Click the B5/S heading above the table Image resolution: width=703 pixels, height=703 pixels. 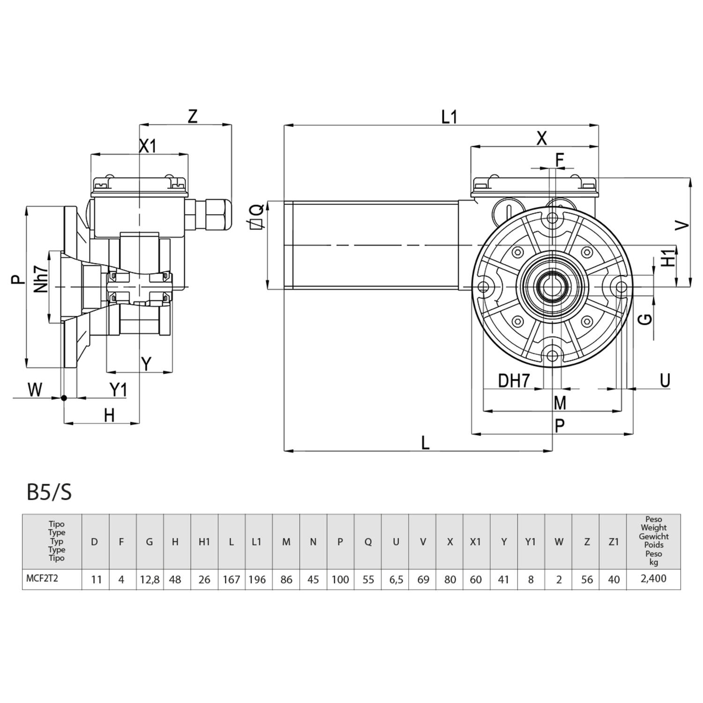pos(49,493)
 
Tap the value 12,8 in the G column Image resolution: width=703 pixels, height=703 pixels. pos(150,580)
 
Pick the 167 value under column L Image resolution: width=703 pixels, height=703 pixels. pos(231,580)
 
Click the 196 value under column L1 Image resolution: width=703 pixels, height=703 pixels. pos(257,580)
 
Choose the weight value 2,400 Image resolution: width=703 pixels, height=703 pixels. pos(653,579)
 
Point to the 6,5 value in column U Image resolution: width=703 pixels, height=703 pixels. pos(396,580)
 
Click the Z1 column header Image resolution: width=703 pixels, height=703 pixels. pos(613,542)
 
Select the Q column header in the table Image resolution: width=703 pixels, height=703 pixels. pos(368,542)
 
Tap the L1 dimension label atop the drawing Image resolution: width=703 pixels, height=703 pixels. pos(449,117)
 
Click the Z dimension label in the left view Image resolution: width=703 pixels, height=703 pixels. pos(193,116)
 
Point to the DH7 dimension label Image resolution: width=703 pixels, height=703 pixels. pos(514,381)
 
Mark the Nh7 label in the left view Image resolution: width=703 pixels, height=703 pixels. pos(41,280)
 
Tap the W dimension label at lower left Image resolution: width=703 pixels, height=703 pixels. pos(35,389)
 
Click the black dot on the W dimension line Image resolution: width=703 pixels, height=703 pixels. pos(64,398)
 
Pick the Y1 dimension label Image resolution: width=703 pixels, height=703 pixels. pos(118,389)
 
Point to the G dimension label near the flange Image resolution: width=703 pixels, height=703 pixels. pos(646,319)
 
